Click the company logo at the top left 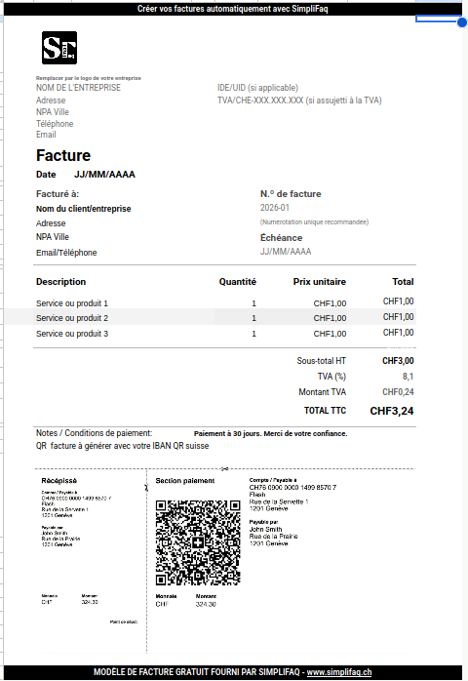58,49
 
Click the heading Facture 63,155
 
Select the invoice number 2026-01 275,208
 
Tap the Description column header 61,282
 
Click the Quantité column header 238,282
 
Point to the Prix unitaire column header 320,282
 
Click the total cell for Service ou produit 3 399,333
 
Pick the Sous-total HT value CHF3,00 398,361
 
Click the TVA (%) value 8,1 408,376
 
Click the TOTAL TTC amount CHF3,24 392,411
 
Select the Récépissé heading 59,481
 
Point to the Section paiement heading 185,481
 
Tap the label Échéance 281,237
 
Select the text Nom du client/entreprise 83,208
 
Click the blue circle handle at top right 461,21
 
